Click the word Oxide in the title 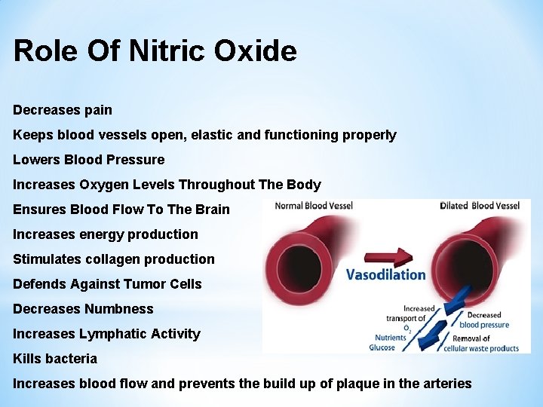point(255,51)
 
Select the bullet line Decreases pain point(63,110)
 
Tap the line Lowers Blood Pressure point(88,160)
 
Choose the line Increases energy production point(106,234)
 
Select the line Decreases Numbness point(83,309)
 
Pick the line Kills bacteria point(55,359)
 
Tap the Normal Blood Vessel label point(314,206)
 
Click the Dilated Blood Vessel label point(480,206)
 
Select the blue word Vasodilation point(385,274)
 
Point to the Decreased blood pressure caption point(483,320)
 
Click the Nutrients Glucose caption point(382,343)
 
